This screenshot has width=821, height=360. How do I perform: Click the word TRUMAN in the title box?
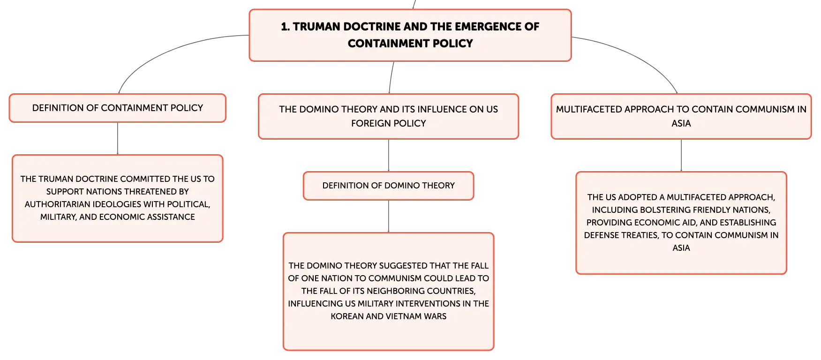[316, 27]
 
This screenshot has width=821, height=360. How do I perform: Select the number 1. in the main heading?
[285, 27]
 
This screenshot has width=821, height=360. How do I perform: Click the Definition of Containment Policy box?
[118, 108]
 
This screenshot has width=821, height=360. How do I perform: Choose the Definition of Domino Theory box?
[389, 186]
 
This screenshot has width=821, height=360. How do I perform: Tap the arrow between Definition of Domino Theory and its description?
[389, 216]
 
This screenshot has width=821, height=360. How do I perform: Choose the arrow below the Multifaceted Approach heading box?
[681, 155]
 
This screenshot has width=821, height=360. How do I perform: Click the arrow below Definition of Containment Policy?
[118, 138]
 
